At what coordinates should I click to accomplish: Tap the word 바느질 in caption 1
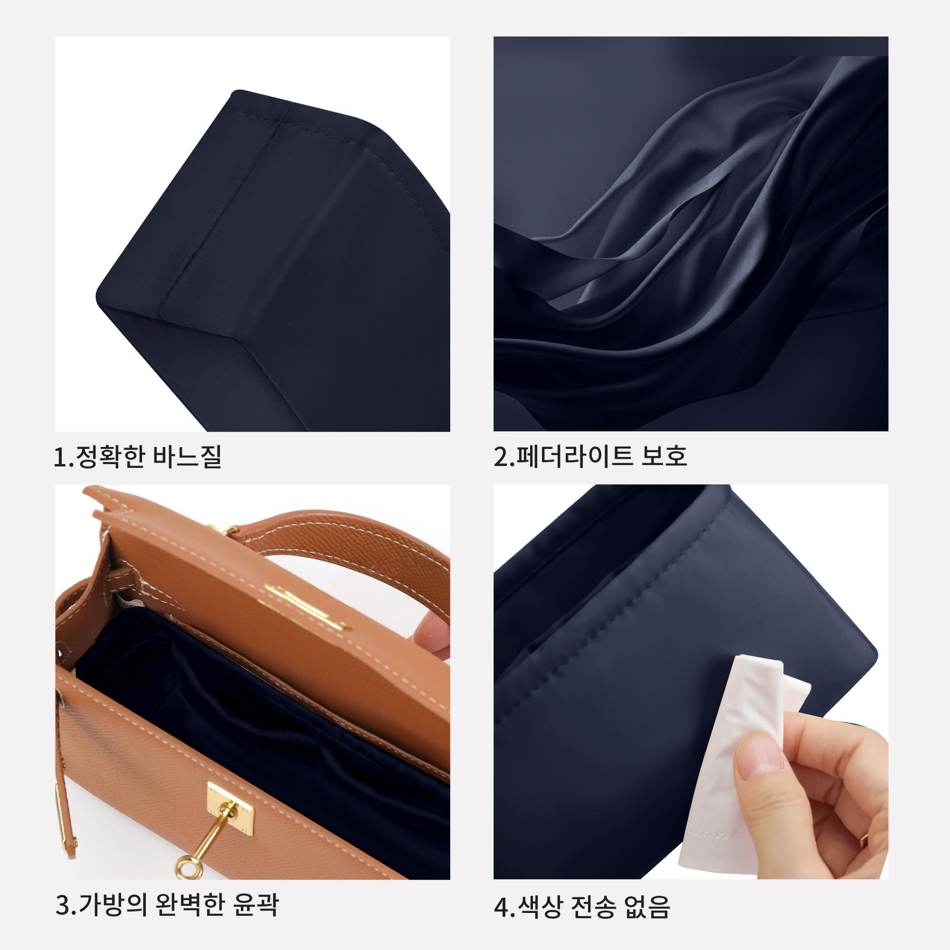187,456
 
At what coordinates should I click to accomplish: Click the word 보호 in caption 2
664,456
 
